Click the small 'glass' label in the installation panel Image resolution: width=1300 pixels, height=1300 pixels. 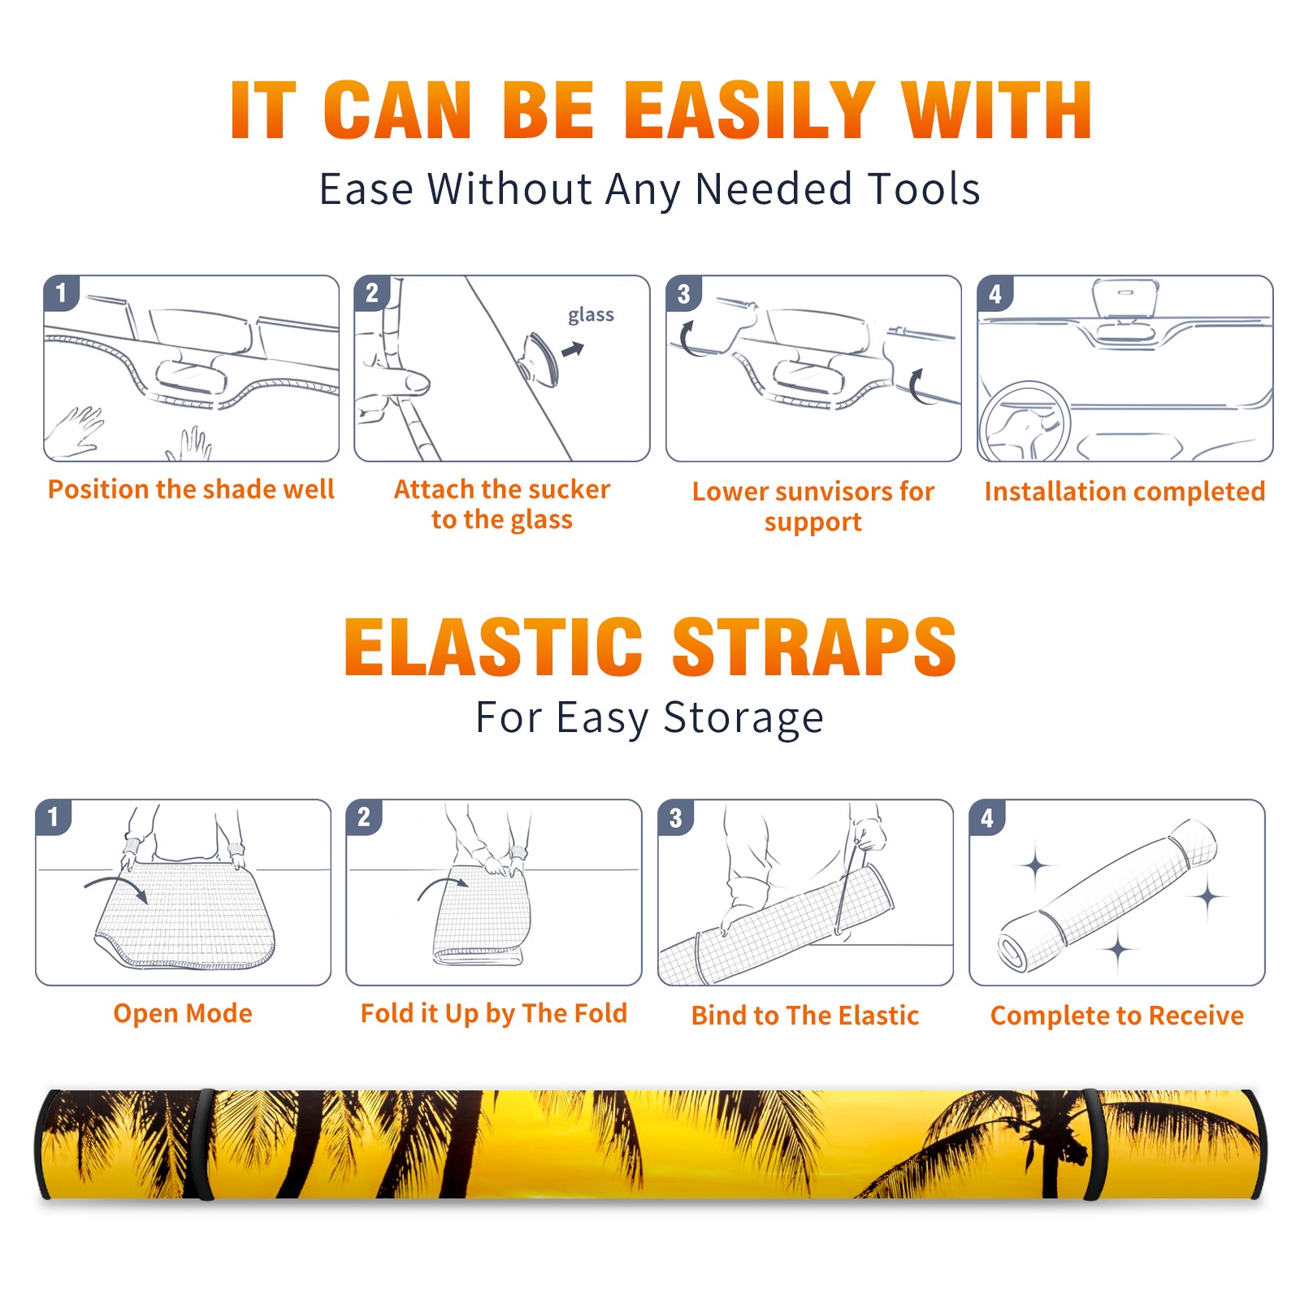591,315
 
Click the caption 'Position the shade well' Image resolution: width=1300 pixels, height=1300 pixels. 191,489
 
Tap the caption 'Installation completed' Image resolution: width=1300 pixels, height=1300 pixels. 1124,492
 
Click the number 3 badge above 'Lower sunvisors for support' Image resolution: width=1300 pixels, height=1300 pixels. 683,293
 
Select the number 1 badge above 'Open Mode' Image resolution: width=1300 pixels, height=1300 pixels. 54,817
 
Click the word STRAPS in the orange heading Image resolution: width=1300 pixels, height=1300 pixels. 814,648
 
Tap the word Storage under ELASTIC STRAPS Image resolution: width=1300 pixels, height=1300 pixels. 743,718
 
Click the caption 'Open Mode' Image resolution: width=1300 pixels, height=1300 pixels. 183,1013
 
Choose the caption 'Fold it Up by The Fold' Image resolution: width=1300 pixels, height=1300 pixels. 494,1013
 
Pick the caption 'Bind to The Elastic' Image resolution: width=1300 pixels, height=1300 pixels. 805,1016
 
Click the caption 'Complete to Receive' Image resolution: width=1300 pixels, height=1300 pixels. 1117,1016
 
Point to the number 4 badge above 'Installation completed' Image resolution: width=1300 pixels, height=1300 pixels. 995,293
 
